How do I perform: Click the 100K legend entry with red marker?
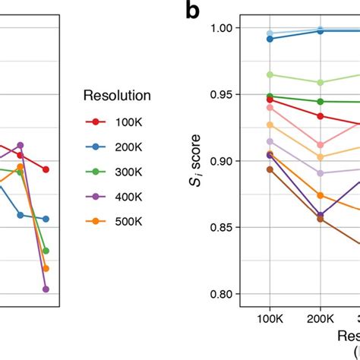114,122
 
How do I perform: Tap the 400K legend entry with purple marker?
114,197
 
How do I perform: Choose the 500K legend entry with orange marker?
114,222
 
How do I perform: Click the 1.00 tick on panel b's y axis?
220,28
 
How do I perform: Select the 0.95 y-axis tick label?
220,94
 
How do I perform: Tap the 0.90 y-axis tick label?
220,161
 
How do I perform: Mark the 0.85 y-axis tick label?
220,227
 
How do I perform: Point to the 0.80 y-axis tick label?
220,294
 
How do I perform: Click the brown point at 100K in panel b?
270,169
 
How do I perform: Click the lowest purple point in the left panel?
46,289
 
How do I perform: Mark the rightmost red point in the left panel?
46,169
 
